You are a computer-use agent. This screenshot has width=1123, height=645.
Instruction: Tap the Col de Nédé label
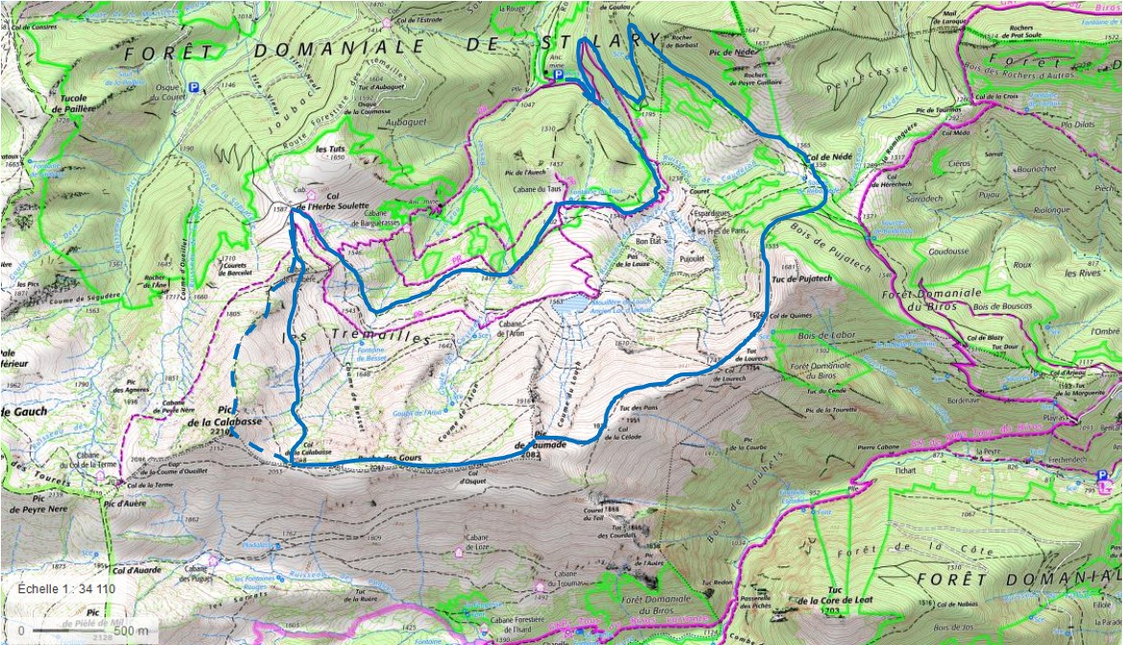click(826, 156)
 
